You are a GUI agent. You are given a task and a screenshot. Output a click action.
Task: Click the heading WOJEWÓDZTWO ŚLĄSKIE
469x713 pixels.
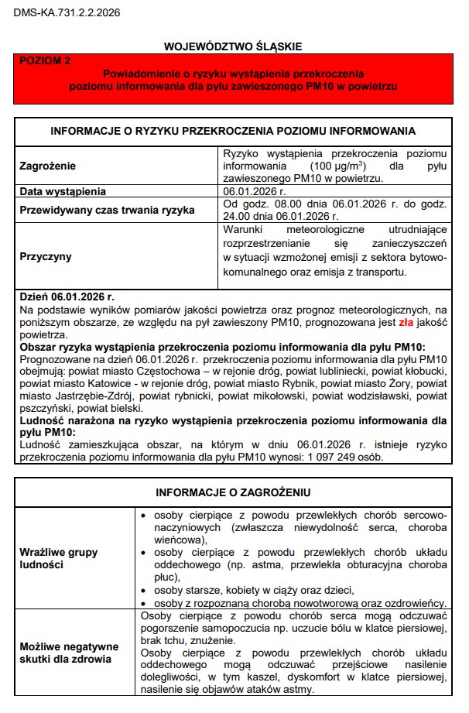tap(232, 47)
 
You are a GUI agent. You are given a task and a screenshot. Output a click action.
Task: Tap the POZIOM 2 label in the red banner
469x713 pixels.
tap(45, 60)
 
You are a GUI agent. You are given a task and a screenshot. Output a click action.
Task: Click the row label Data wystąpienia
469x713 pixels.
tap(63, 191)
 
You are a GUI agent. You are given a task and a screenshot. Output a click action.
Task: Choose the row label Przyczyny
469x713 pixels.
tap(45, 256)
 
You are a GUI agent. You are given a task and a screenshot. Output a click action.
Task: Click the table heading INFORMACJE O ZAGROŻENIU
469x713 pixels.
tap(233, 492)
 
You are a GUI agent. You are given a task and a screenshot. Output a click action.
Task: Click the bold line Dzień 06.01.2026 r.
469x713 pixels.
tap(67, 297)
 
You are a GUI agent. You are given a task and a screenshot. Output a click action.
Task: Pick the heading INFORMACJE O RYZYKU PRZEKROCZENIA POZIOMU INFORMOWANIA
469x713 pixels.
tap(233, 131)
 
